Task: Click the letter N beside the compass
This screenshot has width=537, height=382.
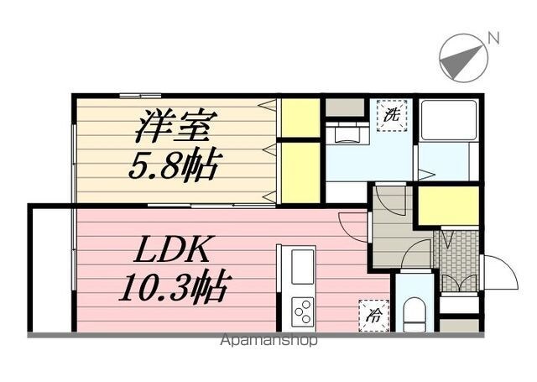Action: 493,38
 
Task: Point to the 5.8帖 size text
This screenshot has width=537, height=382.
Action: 174,165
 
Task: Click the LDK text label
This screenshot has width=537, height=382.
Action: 171,249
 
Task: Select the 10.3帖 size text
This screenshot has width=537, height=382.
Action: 174,285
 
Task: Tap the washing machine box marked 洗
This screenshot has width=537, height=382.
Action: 392,116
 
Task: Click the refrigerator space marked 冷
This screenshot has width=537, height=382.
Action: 374,315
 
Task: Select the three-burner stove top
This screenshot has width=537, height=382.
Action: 302,311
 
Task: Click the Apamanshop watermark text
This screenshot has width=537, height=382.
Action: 268,340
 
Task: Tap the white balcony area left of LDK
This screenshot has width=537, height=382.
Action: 52,269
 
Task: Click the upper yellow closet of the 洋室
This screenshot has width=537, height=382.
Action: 300,118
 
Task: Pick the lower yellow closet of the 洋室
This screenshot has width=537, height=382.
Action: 300,172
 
